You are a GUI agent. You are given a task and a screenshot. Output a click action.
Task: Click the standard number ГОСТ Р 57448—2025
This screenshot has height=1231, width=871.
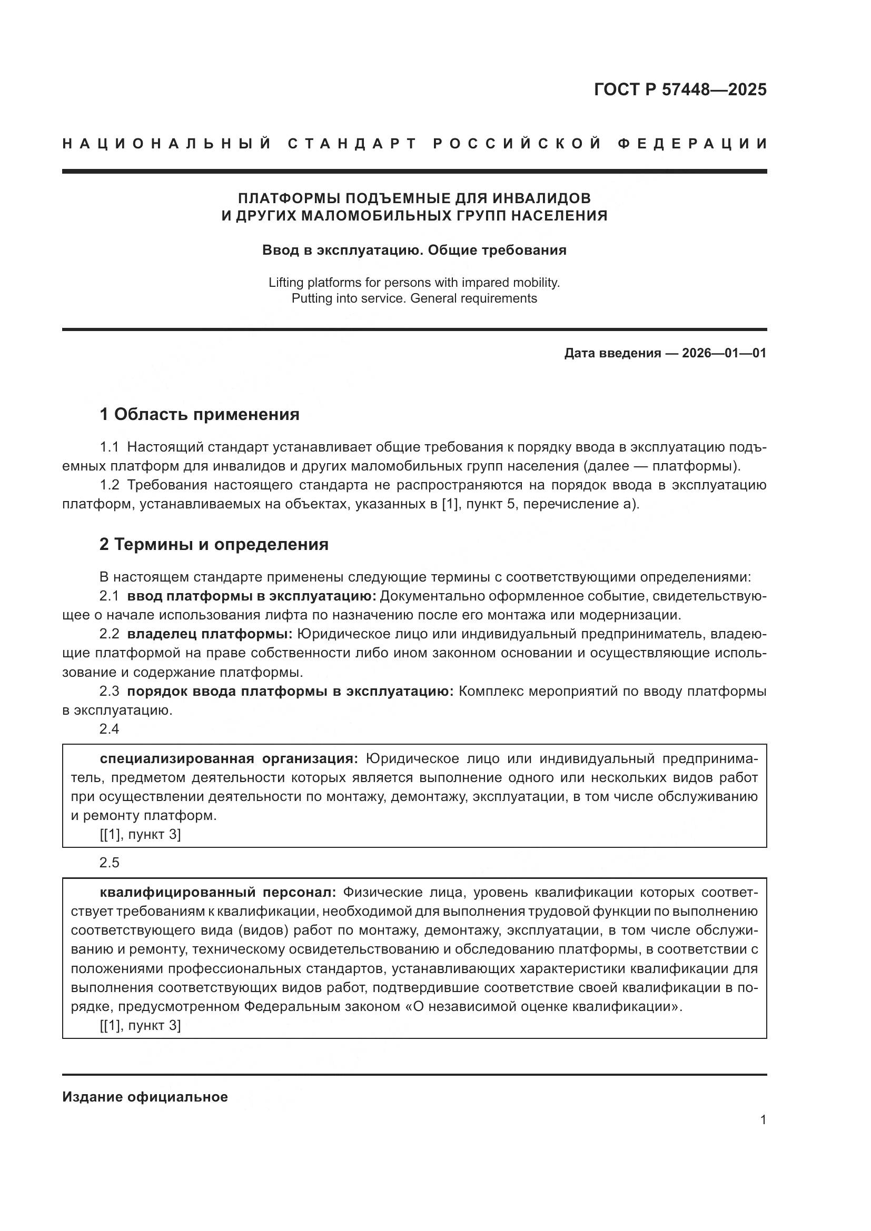[x=680, y=89]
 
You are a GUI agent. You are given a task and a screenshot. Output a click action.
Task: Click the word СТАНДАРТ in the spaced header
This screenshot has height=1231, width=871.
[x=352, y=144]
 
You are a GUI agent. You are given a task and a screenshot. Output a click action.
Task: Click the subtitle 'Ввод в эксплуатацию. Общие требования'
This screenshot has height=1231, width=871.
[x=414, y=251]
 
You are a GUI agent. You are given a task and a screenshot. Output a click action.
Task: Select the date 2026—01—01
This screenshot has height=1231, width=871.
[x=724, y=353]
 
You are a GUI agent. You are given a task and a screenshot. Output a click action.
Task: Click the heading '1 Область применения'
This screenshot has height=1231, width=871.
[x=200, y=414]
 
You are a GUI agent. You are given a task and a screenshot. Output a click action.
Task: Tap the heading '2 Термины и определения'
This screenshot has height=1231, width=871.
[x=214, y=545]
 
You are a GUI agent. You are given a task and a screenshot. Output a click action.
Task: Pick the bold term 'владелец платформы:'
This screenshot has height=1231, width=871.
[x=210, y=634]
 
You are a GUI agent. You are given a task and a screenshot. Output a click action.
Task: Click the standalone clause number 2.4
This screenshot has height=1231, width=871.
[x=110, y=729]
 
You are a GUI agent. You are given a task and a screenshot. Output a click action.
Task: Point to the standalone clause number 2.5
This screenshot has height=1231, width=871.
[x=110, y=863]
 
